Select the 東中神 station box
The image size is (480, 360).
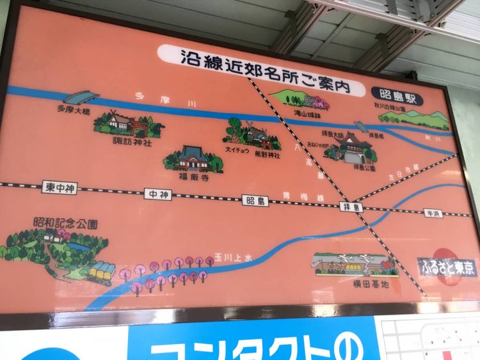[60, 188]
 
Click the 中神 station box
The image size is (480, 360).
[157, 194]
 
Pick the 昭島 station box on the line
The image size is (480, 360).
[255, 200]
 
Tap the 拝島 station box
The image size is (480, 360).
[351, 207]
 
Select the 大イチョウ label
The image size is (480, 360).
[236, 150]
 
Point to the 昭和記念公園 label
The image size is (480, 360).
[66, 224]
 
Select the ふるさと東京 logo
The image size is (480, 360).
[447, 267]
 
